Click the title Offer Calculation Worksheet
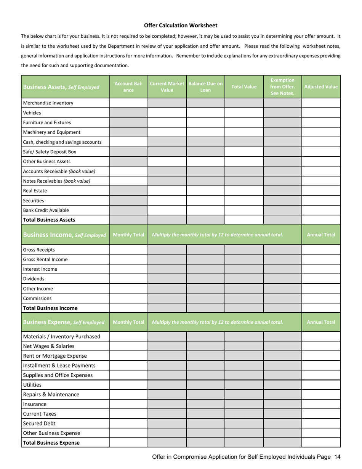point(181,26)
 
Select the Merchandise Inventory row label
point(48,103)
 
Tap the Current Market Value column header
point(167,87)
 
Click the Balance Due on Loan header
point(205,87)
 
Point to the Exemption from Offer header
point(282,87)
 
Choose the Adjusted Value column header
point(321,87)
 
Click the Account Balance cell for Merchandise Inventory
point(128,103)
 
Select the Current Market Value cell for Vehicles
point(167,113)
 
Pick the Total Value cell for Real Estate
point(244,191)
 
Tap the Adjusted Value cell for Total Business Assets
point(321,220)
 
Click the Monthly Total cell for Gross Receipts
point(128,250)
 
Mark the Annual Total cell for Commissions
point(321,299)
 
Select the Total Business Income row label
point(50,308)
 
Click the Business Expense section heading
point(64,322)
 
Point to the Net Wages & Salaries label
point(49,346)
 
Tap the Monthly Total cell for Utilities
point(128,385)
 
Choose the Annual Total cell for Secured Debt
point(321,423)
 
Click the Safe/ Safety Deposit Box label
point(50,152)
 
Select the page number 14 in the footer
point(337,457)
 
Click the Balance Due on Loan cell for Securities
point(205,200)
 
